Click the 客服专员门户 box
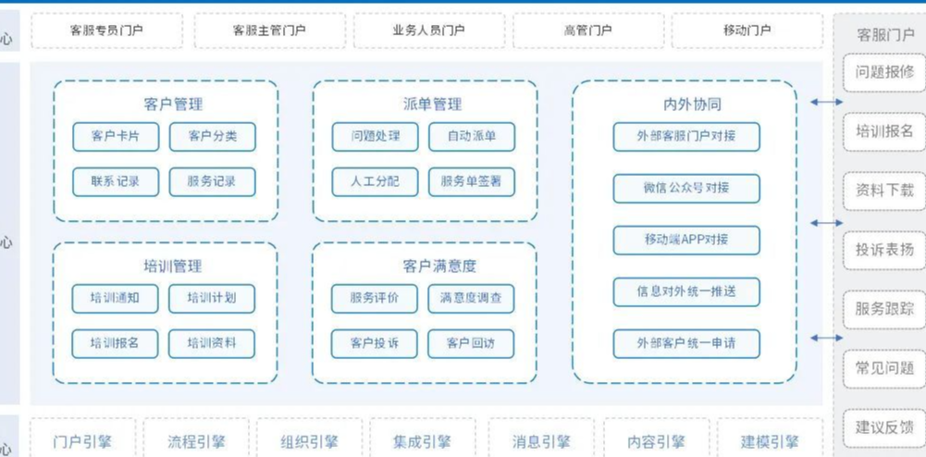point(107,31)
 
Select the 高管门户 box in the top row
point(588,31)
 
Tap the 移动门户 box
point(747,31)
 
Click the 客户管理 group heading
point(173,105)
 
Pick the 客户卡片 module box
point(116,137)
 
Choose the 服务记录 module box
point(212,181)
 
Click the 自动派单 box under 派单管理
point(472,137)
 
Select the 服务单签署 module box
point(472,181)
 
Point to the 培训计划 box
point(212,298)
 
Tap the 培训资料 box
point(212,343)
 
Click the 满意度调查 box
point(471,298)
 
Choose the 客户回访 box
point(471,343)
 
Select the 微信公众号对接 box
point(686,188)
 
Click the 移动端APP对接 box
point(686,240)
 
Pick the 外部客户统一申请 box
point(686,343)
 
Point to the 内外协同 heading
point(686,105)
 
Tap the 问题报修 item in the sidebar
point(884,72)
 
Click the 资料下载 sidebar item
point(884,191)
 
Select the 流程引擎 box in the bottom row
point(196,442)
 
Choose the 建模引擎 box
point(770,442)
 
